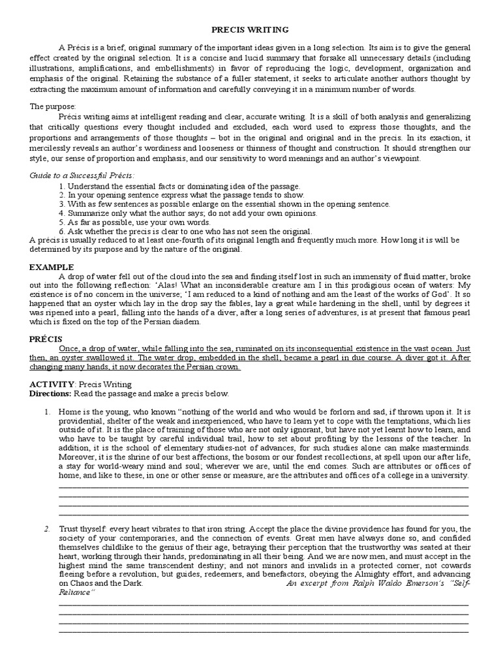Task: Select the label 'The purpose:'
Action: click(x=53, y=106)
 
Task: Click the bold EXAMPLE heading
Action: click(x=52, y=267)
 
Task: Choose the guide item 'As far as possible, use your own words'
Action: click(x=127, y=222)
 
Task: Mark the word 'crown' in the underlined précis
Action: click(x=225, y=367)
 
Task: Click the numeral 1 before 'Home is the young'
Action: click(x=47, y=413)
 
